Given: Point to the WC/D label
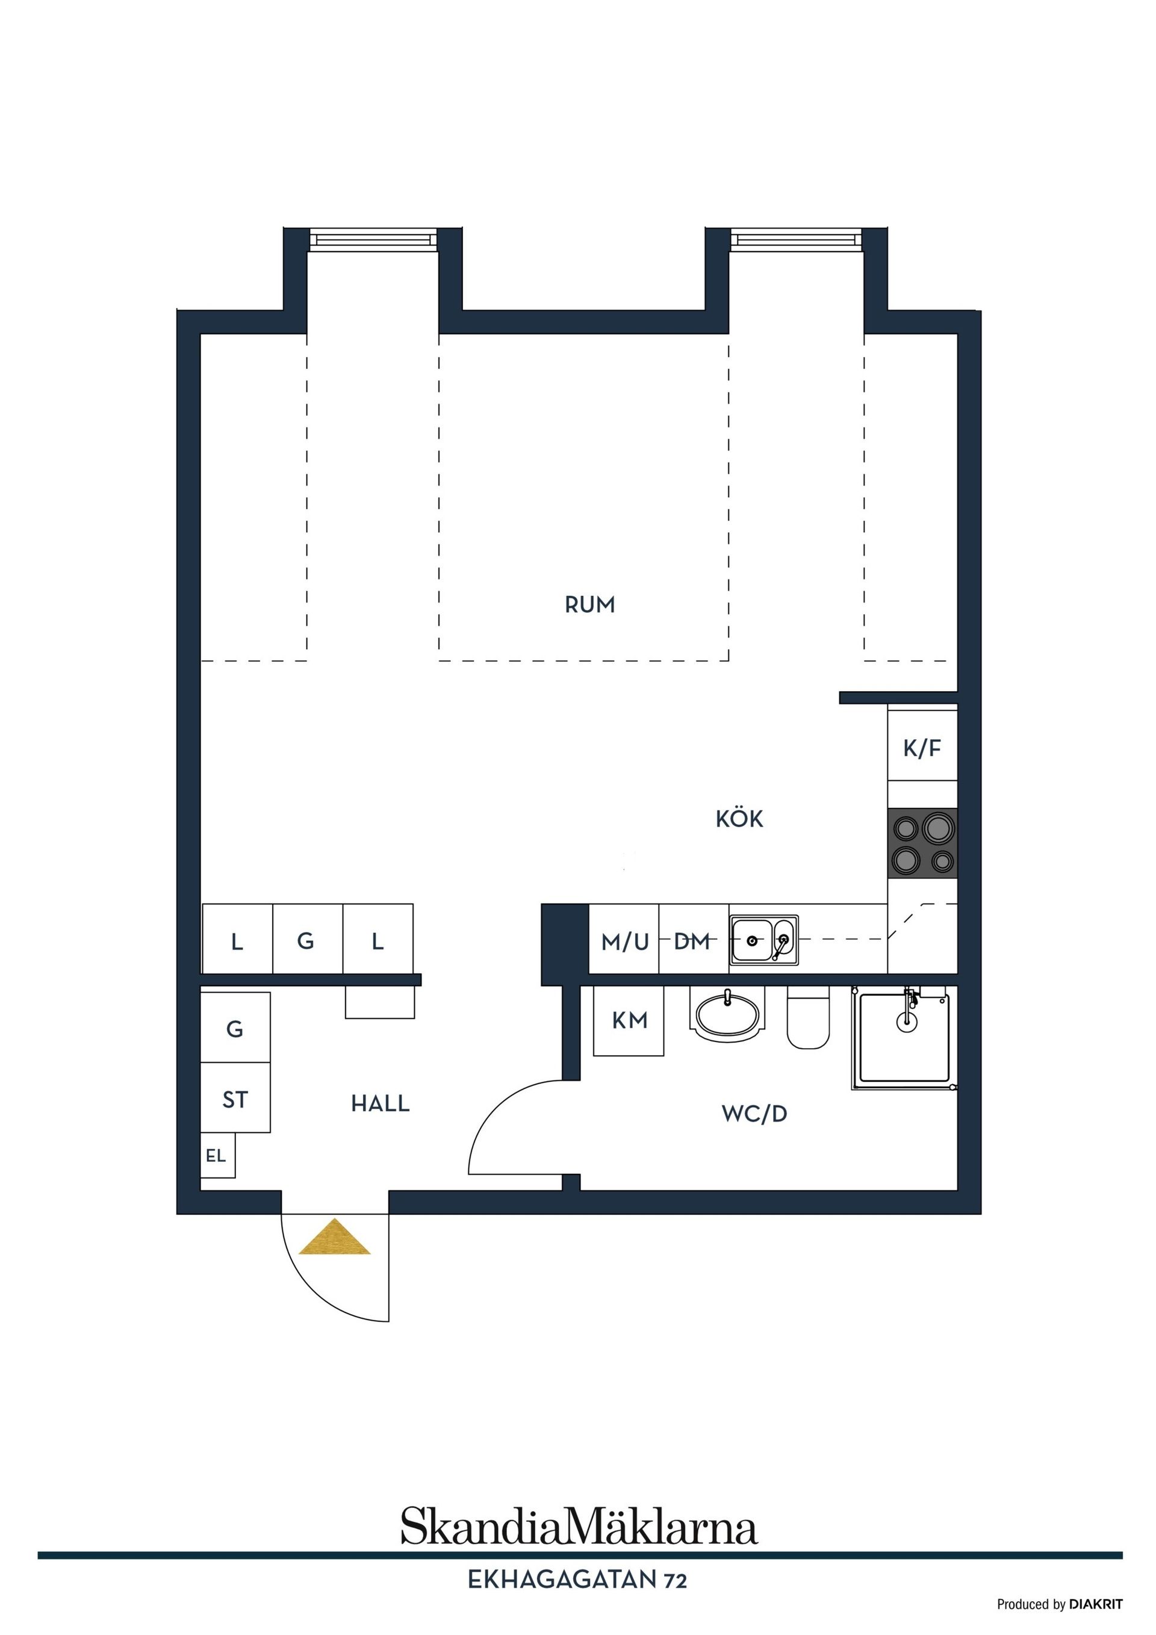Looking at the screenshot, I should pos(754,1114).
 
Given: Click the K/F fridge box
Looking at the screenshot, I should pos(922,748).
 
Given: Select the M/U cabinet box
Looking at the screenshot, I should pos(624,942).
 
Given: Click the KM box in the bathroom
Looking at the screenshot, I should pos(630,1021).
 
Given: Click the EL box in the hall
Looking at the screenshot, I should pos(217,1156).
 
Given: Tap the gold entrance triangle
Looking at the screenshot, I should pos(335,1238).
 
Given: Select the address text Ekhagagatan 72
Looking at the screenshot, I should pos(577,1580).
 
